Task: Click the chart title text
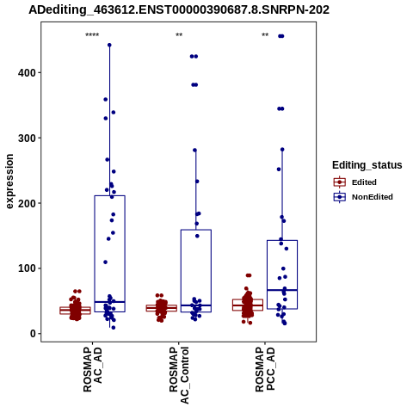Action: pos(179,10)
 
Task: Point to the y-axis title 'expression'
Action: pos(9,182)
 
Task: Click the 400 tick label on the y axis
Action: pos(27,73)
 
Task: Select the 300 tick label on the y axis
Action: pos(27,139)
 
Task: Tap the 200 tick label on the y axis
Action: pos(27,203)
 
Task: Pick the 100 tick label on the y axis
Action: pos(27,268)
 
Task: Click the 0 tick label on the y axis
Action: pos(33,334)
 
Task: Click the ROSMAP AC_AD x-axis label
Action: pos(93,369)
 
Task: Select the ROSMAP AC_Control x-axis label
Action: pos(179,375)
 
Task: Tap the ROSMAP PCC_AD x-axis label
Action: pos(265,369)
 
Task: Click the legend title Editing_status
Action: pos(367,165)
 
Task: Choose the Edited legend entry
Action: pos(355,182)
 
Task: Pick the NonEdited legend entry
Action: pos(363,197)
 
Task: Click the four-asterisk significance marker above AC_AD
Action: pos(92,35)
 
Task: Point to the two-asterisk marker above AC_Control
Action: pos(179,35)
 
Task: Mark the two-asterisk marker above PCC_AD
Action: pos(265,35)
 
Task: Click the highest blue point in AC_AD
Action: pos(109,45)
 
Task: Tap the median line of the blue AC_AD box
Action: pos(109,302)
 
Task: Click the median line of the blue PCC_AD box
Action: pos(282,290)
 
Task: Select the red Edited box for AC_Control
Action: pos(162,308)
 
